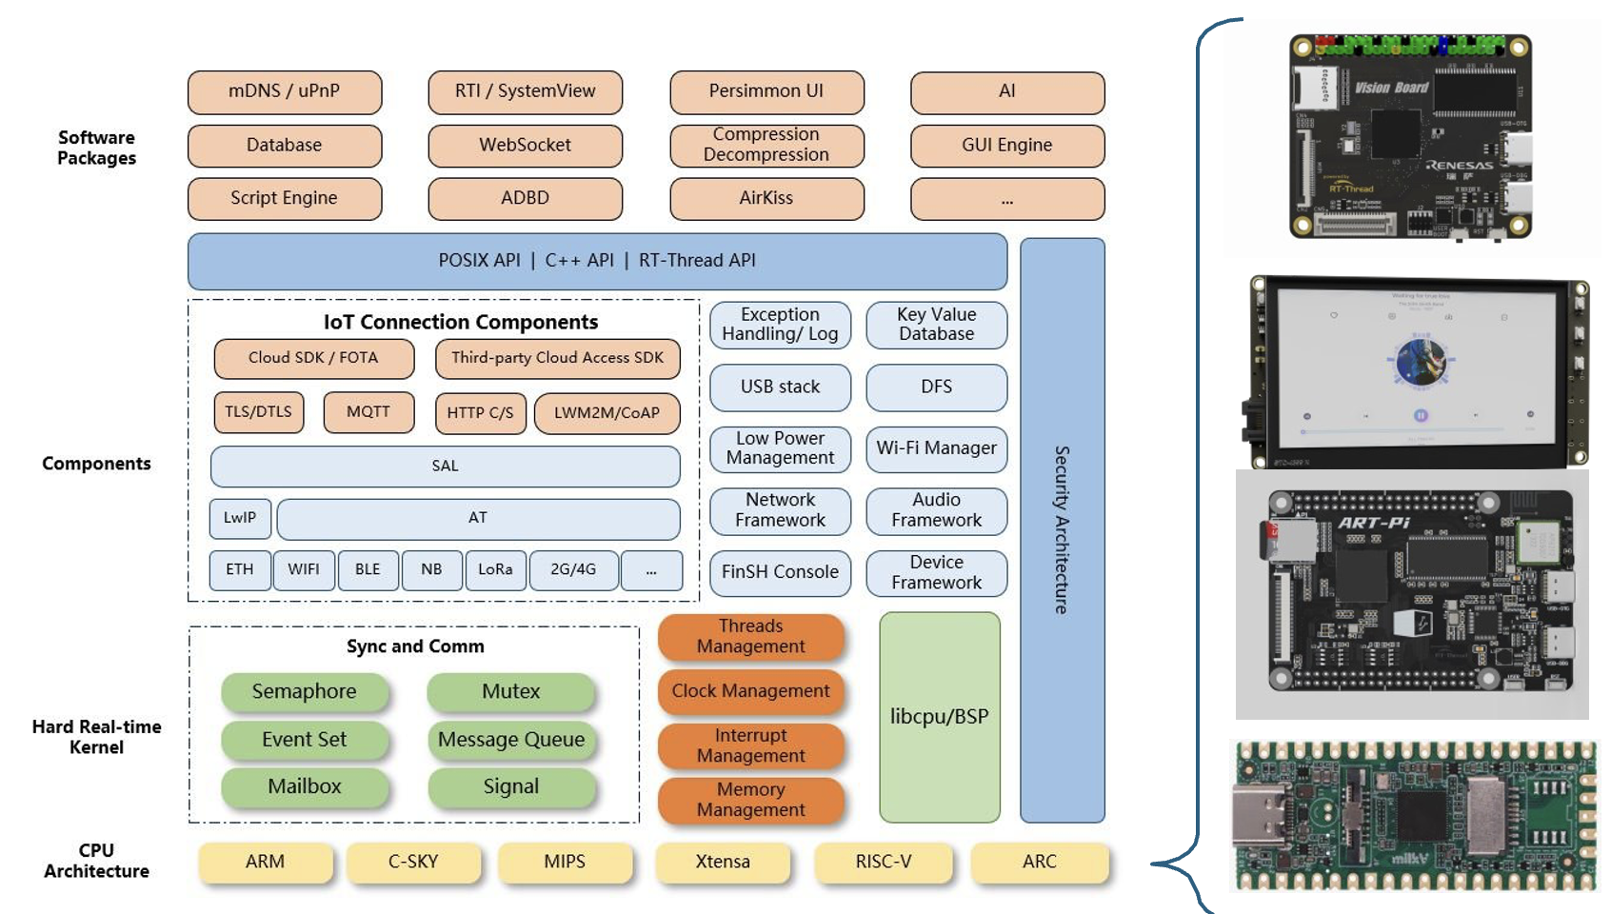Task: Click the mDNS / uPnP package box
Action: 284,91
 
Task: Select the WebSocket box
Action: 525,146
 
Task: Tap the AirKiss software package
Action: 766,198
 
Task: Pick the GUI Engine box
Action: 1006,146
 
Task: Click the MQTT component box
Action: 368,412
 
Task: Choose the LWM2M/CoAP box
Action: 607,413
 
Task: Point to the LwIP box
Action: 240,518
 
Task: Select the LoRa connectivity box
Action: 495,569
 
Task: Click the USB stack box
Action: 780,387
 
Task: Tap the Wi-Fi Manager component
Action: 936,448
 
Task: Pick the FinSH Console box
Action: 780,572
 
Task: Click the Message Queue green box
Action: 511,740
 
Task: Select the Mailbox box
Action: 305,786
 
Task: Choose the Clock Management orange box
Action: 750,691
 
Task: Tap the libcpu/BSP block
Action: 939,717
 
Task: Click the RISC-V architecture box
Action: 883,862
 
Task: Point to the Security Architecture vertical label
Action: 1062,529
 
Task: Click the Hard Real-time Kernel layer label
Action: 96,737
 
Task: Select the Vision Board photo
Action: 1410,136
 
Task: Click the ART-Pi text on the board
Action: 1373,523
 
